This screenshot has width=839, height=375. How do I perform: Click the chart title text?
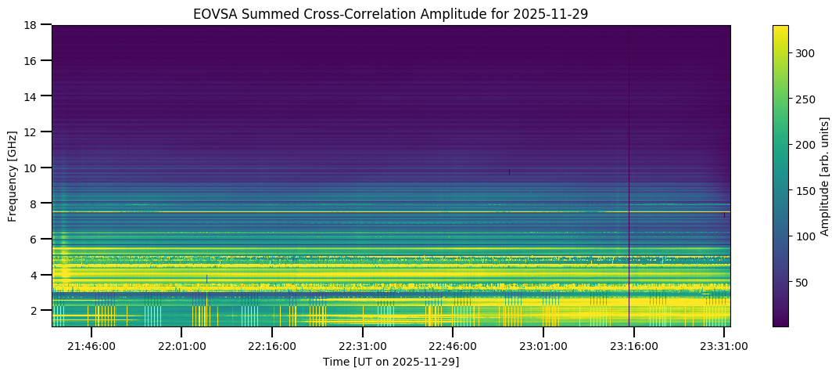point(391,13)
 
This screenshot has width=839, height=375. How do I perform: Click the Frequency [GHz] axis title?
point(13,175)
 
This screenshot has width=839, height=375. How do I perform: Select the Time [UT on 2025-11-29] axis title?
point(391,362)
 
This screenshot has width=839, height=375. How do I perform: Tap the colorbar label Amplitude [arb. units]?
point(824,175)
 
